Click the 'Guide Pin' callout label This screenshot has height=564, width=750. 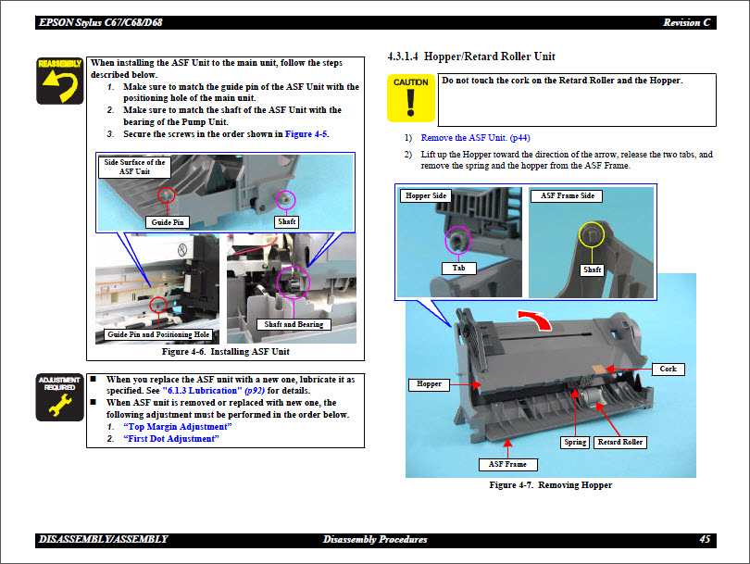(168, 222)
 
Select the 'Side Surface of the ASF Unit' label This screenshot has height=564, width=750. (134, 167)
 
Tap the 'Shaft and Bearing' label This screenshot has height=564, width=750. (294, 325)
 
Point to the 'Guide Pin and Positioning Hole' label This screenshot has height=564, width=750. (158, 334)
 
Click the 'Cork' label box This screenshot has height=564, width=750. (668, 369)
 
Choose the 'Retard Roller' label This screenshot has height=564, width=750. (620, 442)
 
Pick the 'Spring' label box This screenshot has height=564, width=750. (575, 442)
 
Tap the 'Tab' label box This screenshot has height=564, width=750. (458, 269)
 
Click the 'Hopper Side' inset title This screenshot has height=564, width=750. (426, 196)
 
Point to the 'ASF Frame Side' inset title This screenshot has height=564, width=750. (568, 196)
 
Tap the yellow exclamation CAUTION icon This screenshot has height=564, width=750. (410, 98)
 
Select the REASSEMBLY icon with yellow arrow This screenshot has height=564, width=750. (60, 81)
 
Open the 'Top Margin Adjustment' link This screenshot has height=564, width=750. (177, 426)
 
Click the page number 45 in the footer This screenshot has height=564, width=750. (705, 539)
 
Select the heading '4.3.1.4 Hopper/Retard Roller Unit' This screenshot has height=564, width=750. (471, 57)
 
